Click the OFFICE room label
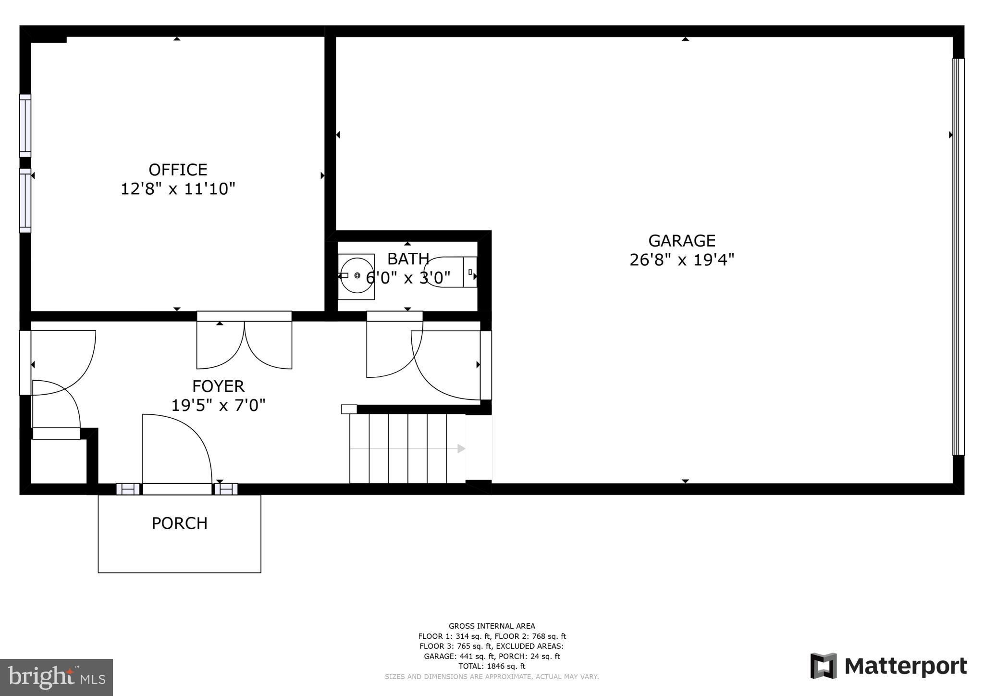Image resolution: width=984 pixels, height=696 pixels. [178, 170]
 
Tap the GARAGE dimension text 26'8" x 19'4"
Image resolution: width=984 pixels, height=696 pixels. [682, 260]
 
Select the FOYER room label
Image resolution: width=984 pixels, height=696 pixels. [218, 386]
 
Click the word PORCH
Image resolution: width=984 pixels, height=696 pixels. [179, 523]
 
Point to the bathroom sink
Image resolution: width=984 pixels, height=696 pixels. [356, 276]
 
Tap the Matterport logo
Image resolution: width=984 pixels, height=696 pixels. [888, 666]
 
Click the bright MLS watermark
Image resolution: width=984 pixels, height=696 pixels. [57, 677]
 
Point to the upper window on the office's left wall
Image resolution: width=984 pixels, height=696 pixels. [25, 125]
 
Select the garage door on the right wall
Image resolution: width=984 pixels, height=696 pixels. [958, 257]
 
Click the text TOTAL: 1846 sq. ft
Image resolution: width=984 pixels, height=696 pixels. [492, 666]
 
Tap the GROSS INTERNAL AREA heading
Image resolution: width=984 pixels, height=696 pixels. [492, 626]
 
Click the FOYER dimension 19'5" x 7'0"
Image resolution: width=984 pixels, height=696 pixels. [218, 405]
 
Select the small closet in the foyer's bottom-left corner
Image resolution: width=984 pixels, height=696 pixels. [59, 460]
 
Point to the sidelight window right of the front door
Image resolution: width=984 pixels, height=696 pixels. [226, 489]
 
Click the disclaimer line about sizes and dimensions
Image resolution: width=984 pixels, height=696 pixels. [492, 676]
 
